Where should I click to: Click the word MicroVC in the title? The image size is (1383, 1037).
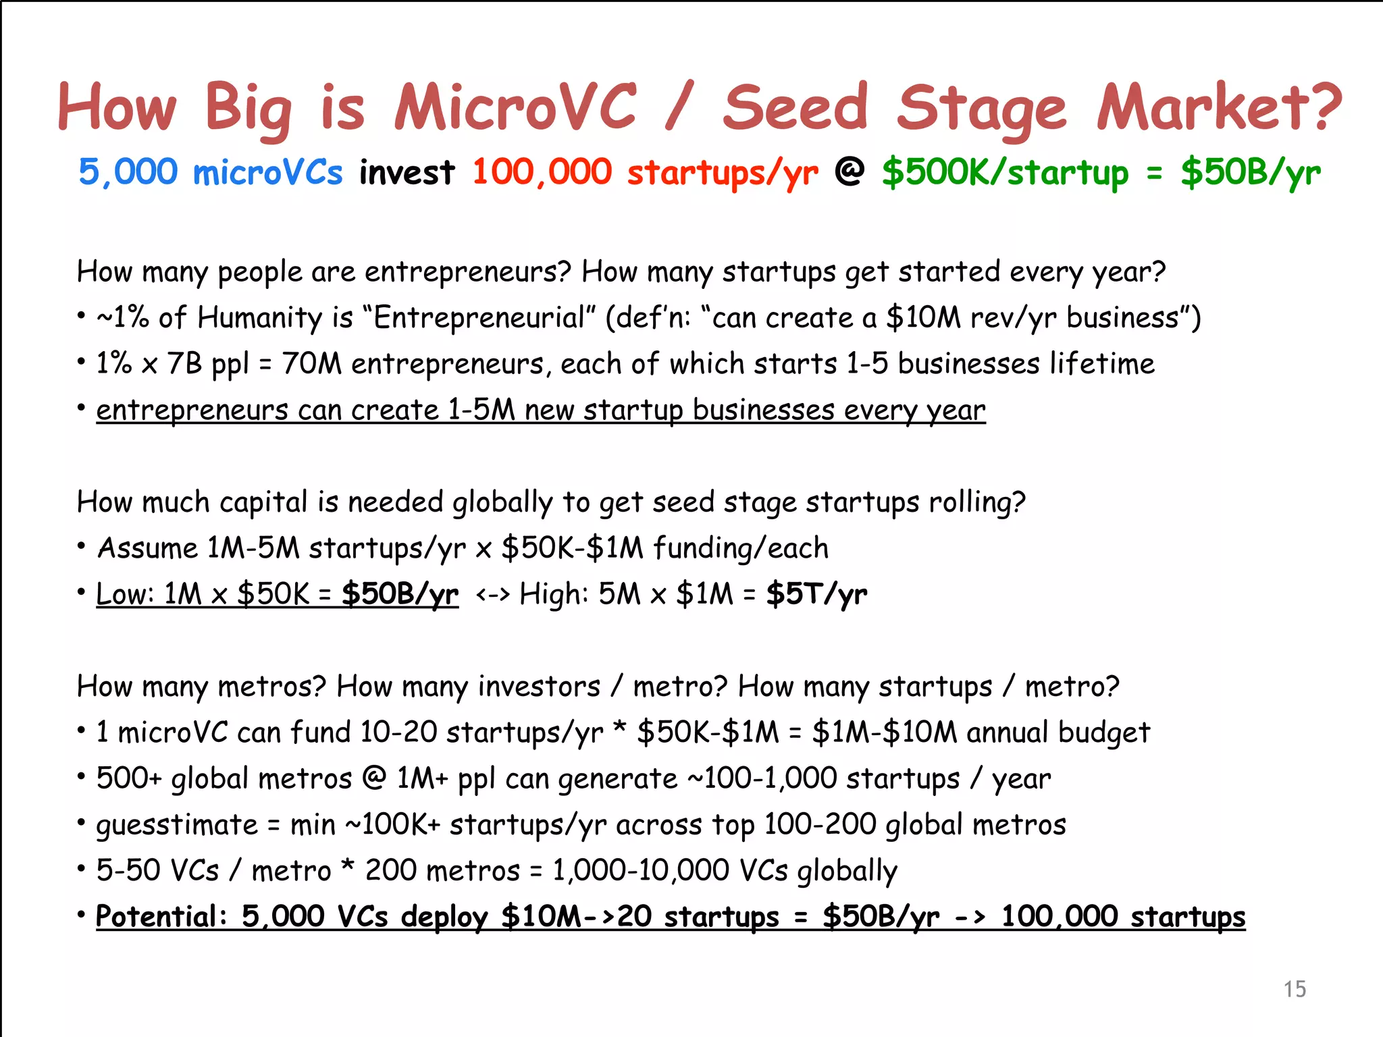point(515,108)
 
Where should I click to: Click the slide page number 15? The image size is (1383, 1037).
point(1295,989)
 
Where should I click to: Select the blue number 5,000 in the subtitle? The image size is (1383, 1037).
point(128,172)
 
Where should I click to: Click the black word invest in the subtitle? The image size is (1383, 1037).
point(407,173)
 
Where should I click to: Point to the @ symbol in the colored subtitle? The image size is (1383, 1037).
point(850,171)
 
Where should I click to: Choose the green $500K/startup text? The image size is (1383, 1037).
point(1005,173)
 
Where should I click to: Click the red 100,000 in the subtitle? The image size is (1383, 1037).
point(542,172)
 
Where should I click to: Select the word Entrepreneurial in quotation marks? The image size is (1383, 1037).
point(479,317)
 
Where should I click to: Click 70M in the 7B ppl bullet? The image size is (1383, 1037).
point(311,364)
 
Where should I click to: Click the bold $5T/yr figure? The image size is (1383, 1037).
point(816,594)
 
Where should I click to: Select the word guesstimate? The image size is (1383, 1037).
point(177,825)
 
